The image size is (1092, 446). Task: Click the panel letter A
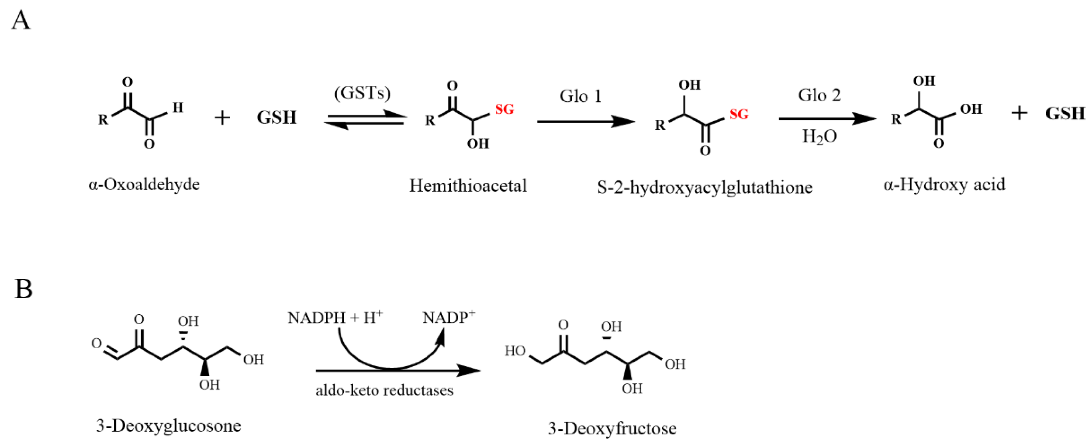coord(21,21)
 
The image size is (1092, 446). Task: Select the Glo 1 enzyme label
coord(580,96)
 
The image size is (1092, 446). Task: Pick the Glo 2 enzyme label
coord(819,95)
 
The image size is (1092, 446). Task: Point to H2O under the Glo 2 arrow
coord(819,136)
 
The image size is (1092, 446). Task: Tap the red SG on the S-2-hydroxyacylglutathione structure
coord(739,114)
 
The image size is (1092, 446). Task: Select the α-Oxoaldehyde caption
coord(144,185)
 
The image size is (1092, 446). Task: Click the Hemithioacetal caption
coord(468,186)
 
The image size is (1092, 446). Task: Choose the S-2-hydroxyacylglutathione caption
coord(705,187)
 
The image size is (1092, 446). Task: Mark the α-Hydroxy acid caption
coord(944,185)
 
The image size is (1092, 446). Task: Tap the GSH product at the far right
coord(1065,114)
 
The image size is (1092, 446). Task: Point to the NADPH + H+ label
coord(335,317)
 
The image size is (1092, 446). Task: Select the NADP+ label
coord(449,317)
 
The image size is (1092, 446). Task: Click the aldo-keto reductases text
coord(384,390)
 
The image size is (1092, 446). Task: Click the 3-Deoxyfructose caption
coord(612,429)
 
